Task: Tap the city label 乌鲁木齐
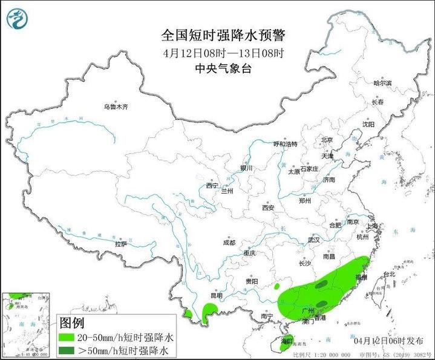coord(116,107)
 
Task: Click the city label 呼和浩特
coord(285,145)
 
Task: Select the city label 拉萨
coord(121,244)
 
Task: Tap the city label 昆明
coord(216,295)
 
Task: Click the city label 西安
coord(268,208)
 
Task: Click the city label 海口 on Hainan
coord(286,342)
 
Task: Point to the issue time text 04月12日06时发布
coord(397,341)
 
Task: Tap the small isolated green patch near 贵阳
coord(277,286)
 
